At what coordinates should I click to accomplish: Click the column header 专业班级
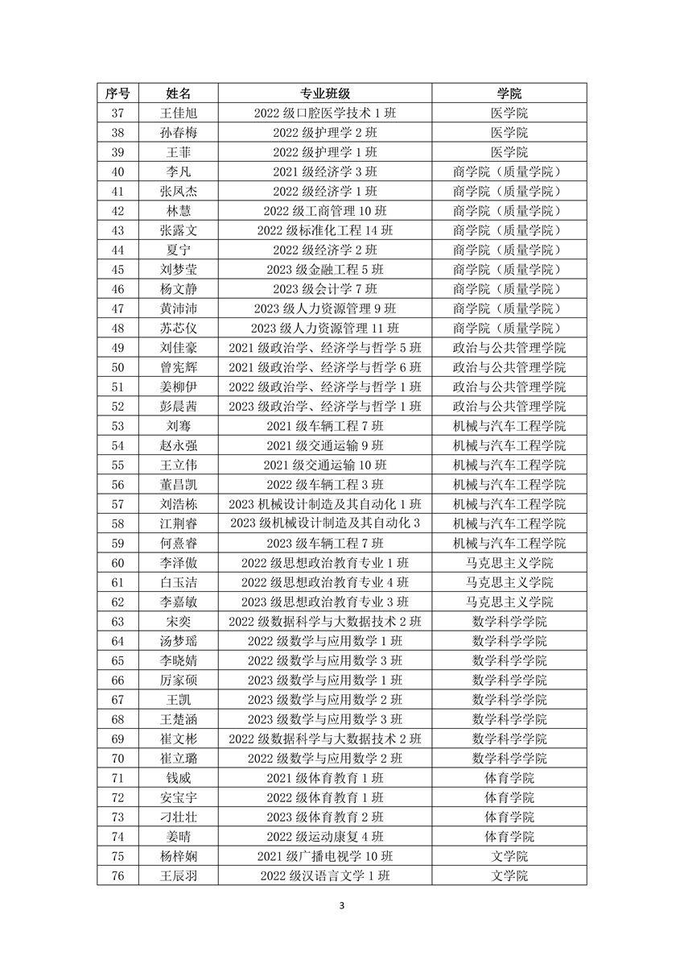pyautogui.click(x=324, y=93)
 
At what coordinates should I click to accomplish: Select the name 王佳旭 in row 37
pyautogui.click(x=178, y=113)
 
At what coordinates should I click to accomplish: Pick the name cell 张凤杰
pyautogui.click(x=178, y=191)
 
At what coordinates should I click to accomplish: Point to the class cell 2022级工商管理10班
pyautogui.click(x=324, y=211)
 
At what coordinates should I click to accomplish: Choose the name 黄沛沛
pyautogui.click(x=178, y=308)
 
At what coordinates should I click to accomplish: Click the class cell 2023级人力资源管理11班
pyautogui.click(x=324, y=328)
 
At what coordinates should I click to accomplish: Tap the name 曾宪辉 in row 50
pyautogui.click(x=178, y=367)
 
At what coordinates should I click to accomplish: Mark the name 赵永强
pyautogui.click(x=178, y=445)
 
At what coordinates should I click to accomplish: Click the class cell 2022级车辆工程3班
pyautogui.click(x=324, y=485)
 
